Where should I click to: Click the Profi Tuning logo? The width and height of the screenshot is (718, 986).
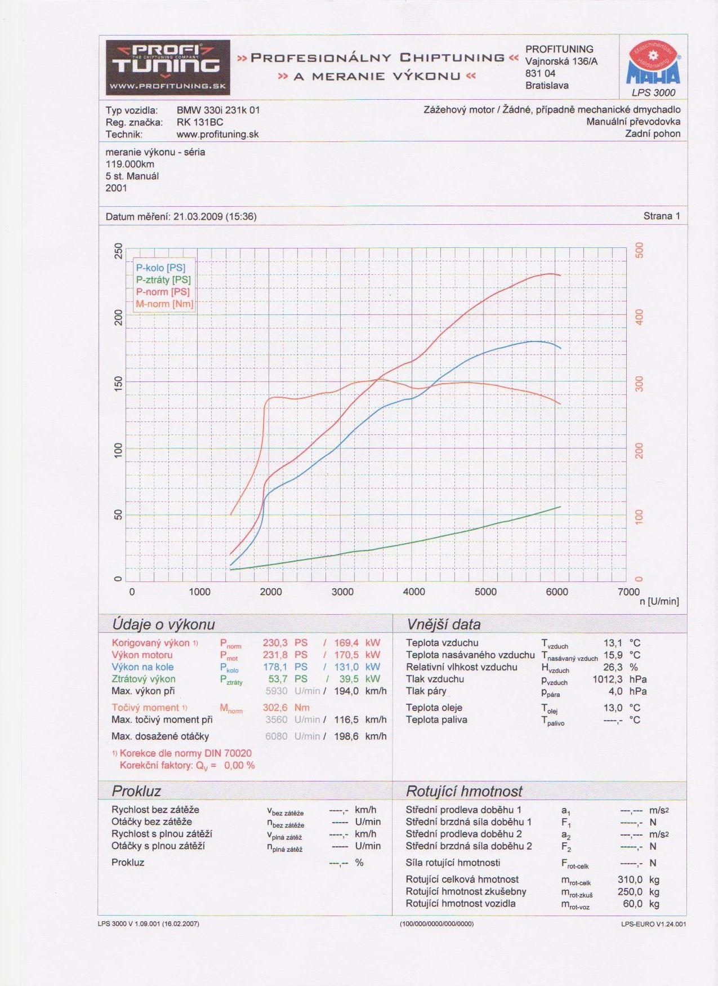[x=168, y=67]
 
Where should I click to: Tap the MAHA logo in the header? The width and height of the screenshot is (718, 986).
[x=653, y=64]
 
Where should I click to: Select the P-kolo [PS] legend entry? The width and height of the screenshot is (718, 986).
[x=160, y=268]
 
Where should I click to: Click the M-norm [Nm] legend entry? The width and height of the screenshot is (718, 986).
[x=164, y=304]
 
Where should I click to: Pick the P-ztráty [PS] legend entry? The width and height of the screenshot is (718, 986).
[x=163, y=280]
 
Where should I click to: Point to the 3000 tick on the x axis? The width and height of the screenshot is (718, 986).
[x=342, y=592]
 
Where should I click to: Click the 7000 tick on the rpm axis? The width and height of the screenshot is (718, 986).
[x=628, y=592]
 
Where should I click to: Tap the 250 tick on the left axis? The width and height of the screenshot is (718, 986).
[x=118, y=251]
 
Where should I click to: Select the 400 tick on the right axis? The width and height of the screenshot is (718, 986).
[x=639, y=317]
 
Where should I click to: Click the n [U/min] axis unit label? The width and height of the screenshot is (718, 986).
[x=659, y=602]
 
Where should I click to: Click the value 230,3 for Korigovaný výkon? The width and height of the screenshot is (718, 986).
[x=275, y=643]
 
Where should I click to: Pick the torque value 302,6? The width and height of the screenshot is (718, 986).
[x=275, y=708]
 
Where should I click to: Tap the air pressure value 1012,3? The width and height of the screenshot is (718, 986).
[x=607, y=679]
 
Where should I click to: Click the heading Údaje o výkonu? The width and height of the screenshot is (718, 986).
[x=163, y=624]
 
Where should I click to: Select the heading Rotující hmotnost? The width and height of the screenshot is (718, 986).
[x=464, y=792]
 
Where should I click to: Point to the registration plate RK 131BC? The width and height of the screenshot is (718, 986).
[x=200, y=122]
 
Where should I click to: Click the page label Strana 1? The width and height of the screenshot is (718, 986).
[x=662, y=216]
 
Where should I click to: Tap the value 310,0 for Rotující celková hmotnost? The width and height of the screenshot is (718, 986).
[x=630, y=880]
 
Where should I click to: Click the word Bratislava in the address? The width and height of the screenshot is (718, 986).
[x=547, y=86]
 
